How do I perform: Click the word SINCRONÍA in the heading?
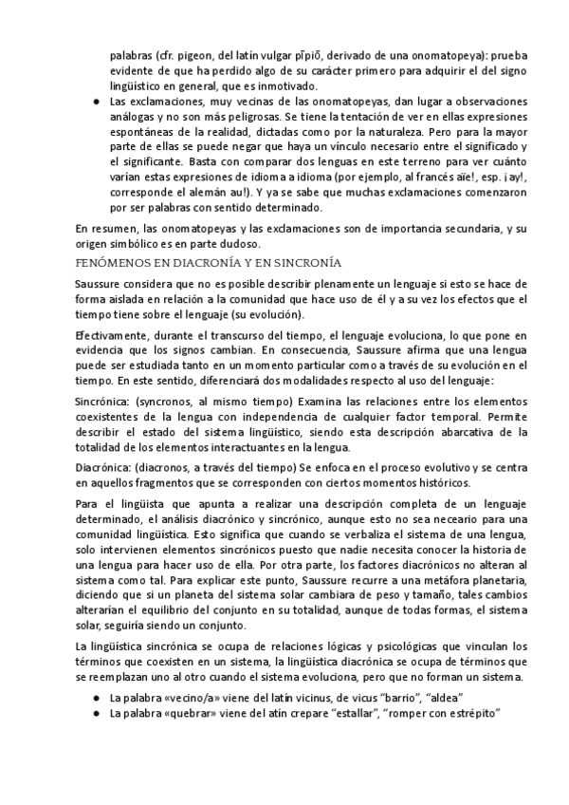[x=305, y=261]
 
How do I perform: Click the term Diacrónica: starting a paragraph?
[x=103, y=469]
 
